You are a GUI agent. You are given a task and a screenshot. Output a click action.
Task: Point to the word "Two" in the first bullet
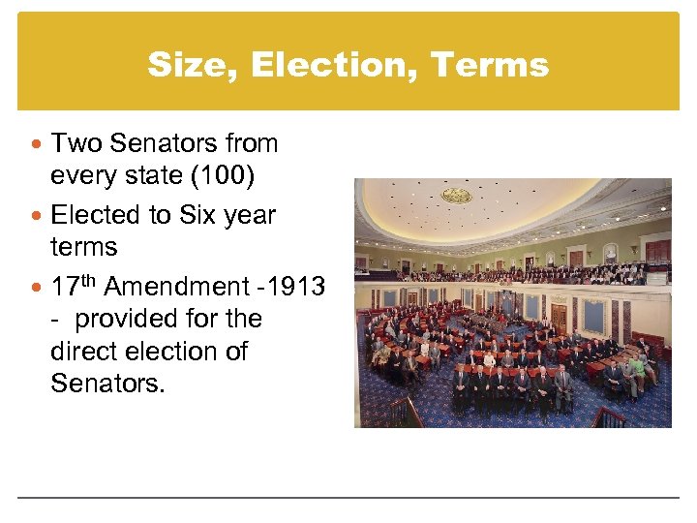[76, 143]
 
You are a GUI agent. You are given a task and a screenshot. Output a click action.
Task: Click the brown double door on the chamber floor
[559, 318]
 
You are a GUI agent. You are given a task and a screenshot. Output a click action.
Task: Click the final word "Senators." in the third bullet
[107, 385]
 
